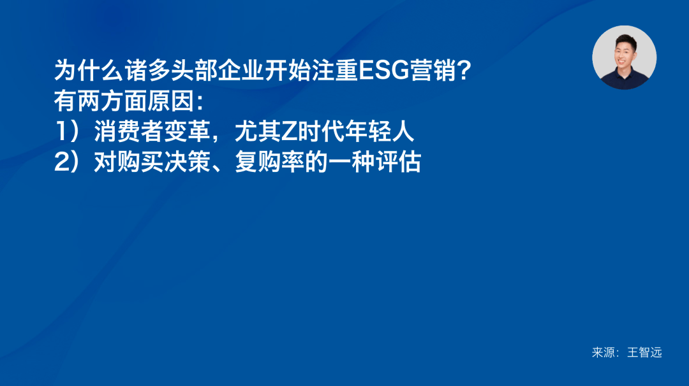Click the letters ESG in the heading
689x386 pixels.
pyautogui.click(x=384, y=70)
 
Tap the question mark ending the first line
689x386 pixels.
pyautogui.click(x=464, y=70)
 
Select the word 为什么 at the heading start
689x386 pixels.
pyautogui.click(x=89, y=70)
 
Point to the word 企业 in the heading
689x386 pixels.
pyautogui.click(x=241, y=70)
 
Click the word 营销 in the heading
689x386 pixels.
pyautogui.click(x=433, y=70)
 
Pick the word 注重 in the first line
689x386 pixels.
pyautogui.click(x=335, y=70)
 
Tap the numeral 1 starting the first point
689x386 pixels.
pyautogui.click(x=61, y=132)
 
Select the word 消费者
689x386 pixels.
pyautogui.click(x=129, y=132)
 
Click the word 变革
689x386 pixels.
pyautogui.click(x=187, y=132)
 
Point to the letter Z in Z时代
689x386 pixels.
pyautogui.click(x=290, y=132)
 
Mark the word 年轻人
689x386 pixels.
pyautogui.click(x=379, y=132)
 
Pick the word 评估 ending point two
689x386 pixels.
pyautogui.click(x=398, y=162)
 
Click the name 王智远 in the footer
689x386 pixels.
pyautogui.click(x=644, y=352)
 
